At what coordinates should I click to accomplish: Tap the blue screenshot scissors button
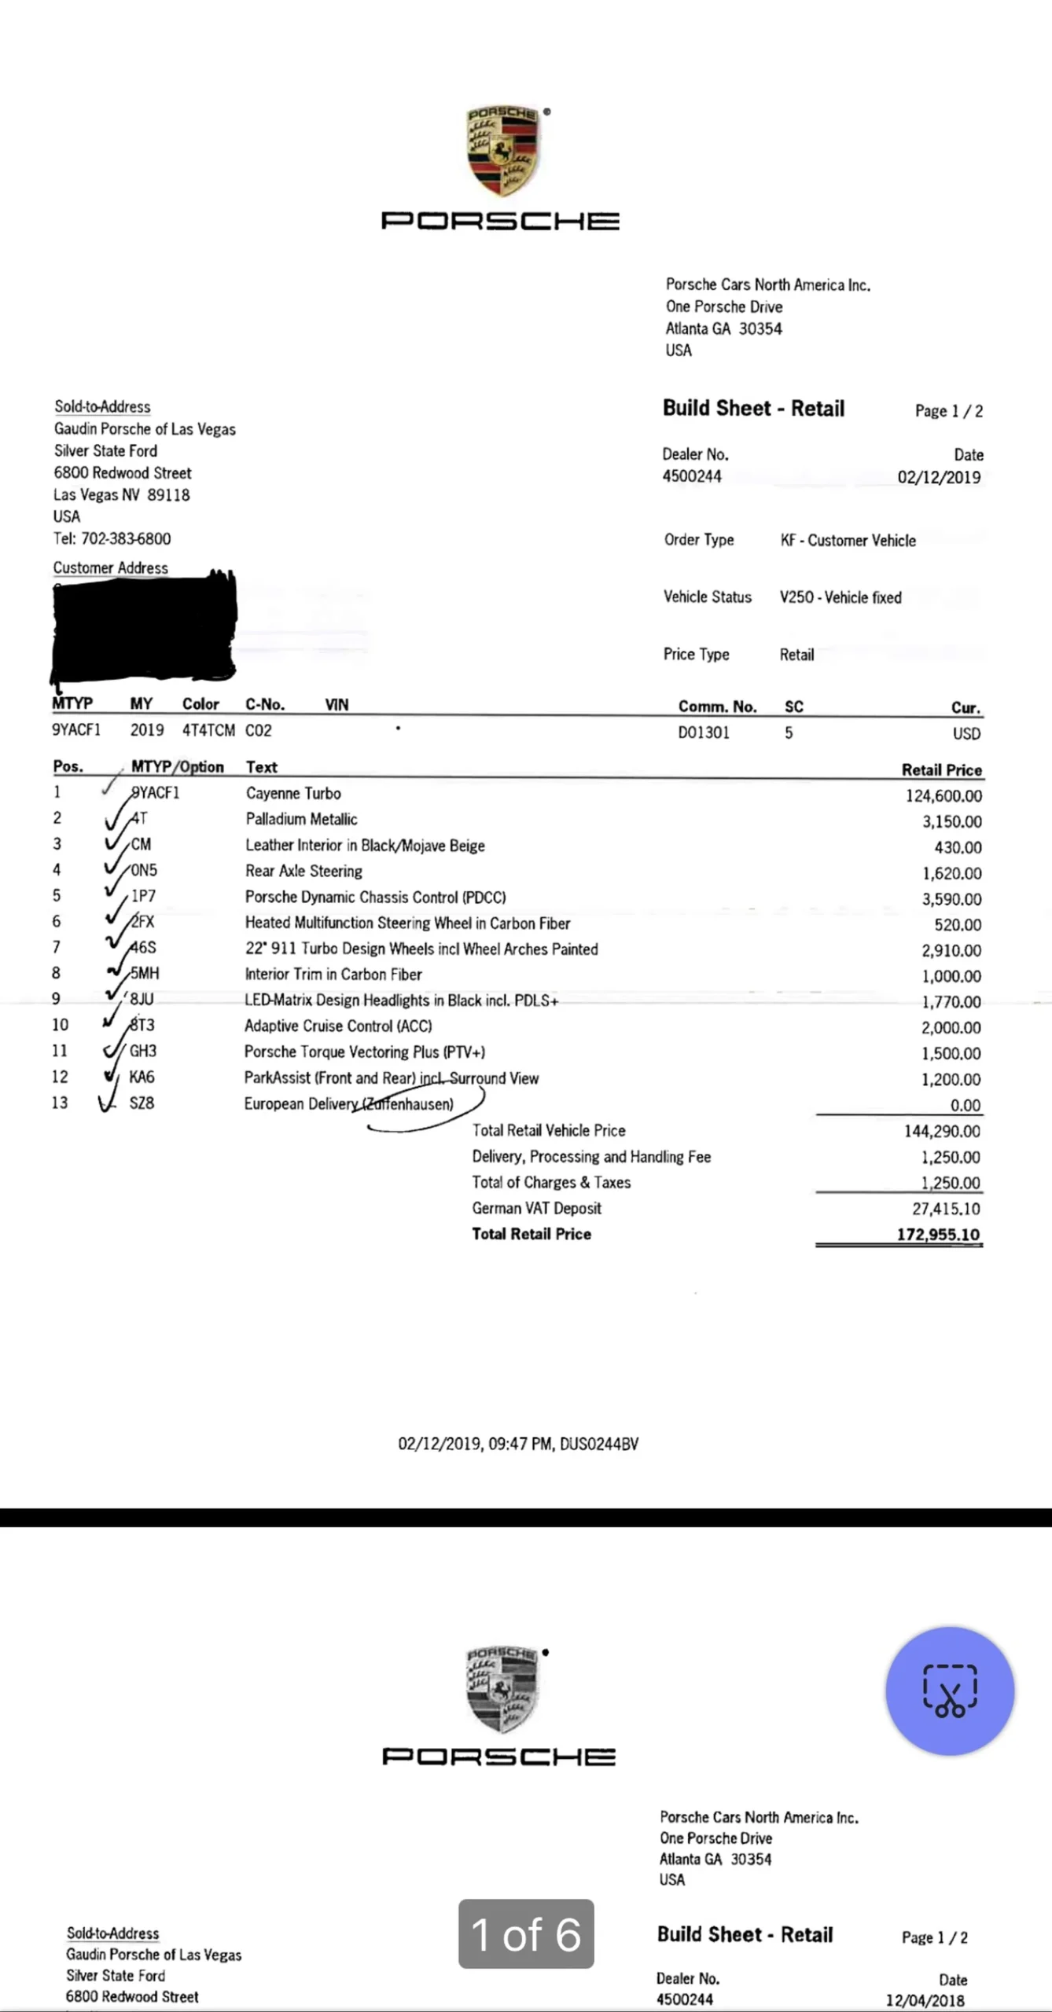tap(950, 1691)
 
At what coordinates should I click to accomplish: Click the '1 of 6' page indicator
tap(526, 1934)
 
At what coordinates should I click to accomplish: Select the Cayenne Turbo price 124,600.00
tap(943, 795)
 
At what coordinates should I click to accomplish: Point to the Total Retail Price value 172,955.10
tap(938, 1234)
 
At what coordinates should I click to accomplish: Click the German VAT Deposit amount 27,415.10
tap(946, 1209)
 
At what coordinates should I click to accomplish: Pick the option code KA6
tap(142, 1077)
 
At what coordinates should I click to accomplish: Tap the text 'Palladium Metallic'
tap(301, 819)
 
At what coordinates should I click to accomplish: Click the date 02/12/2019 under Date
tap(939, 477)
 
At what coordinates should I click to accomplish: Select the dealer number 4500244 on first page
tap(692, 476)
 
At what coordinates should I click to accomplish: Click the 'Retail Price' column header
tap(941, 769)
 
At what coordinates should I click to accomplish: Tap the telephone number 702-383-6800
tap(126, 538)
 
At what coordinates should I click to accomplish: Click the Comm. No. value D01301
tap(704, 732)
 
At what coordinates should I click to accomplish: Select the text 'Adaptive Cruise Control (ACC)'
tap(338, 1026)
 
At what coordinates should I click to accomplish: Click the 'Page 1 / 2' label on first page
tap(948, 410)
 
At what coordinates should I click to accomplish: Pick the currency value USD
tap(966, 733)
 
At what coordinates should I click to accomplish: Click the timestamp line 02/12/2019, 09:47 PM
tap(518, 1444)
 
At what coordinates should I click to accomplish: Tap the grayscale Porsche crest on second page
tap(501, 1689)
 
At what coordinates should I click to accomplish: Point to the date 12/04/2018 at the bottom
tap(925, 2000)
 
